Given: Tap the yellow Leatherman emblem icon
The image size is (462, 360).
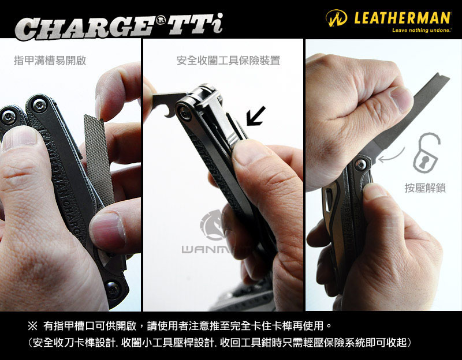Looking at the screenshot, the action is [336, 18].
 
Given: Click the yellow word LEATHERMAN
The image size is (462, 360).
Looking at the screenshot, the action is [402, 18].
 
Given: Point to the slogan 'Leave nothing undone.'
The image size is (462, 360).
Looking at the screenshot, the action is [422, 30].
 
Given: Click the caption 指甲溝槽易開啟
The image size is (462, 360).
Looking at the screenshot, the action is [50, 61].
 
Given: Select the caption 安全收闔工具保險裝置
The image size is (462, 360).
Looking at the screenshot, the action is [228, 61].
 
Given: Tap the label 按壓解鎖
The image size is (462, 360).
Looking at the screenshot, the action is [425, 188].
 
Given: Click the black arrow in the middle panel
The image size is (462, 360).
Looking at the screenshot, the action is [255, 116].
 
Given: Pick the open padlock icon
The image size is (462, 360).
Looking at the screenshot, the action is [426, 152].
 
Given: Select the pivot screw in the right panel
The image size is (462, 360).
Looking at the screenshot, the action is [360, 164].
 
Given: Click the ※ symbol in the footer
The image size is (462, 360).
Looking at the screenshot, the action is [32, 325].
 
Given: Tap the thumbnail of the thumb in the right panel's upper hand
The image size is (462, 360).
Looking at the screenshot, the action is [401, 99].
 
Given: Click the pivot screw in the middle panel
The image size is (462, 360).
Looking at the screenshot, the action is [184, 112].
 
